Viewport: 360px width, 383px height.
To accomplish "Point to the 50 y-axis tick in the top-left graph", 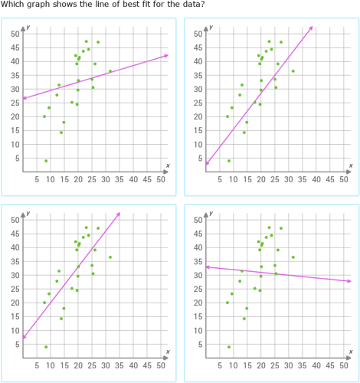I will [x=15, y=34].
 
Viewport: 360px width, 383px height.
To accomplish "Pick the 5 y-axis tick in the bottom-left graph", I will [x=17, y=344].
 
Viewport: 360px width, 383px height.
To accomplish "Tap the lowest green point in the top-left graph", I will [x=46, y=161].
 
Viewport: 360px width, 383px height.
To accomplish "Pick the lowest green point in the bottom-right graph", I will [x=229, y=347].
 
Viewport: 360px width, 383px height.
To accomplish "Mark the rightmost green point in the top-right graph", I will [x=293, y=71].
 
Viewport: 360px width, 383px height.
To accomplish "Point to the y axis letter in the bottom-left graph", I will [x=27, y=214].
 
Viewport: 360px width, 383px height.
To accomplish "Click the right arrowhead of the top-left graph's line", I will [x=166, y=55].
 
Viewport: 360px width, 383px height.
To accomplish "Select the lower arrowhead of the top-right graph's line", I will [x=208, y=162].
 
